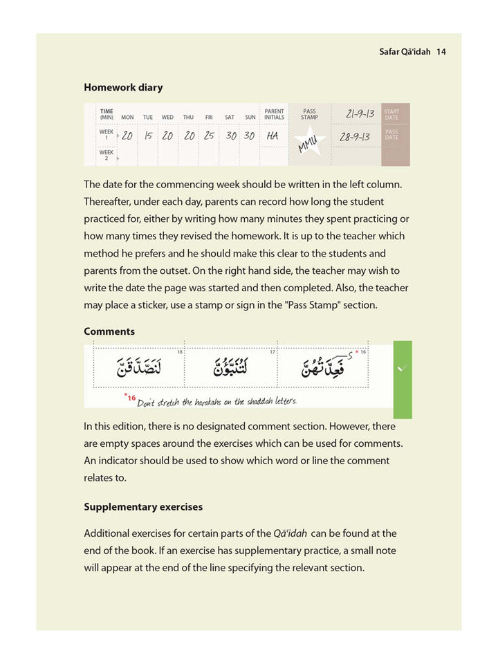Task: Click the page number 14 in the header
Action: (441, 52)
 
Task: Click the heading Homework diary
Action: (123, 88)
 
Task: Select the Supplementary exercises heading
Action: (143, 507)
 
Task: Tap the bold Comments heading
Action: (109, 331)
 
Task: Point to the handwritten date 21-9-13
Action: (356, 113)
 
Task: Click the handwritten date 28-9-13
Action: (356, 136)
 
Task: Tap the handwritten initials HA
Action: (273, 136)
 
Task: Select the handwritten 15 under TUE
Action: (148, 136)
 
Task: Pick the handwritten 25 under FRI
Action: (209, 136)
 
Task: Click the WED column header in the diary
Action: (167, 118)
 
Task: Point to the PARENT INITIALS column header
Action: (274, 114)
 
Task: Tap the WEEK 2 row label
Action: (106, 155)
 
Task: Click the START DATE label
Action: (391, 114)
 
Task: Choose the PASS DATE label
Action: (391, 134)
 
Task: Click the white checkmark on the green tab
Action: (403, 369)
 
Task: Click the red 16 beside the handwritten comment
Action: (131, 398)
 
